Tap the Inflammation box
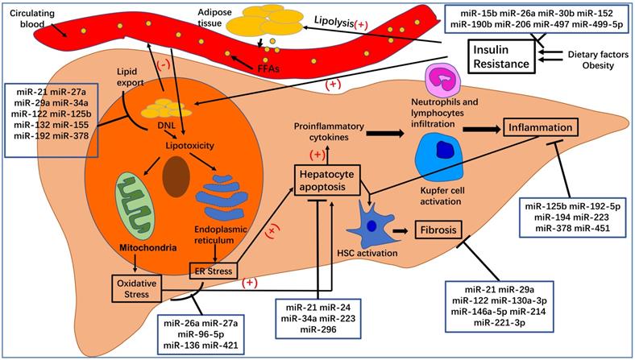coord(541,127)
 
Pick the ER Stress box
coord(213,270)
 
